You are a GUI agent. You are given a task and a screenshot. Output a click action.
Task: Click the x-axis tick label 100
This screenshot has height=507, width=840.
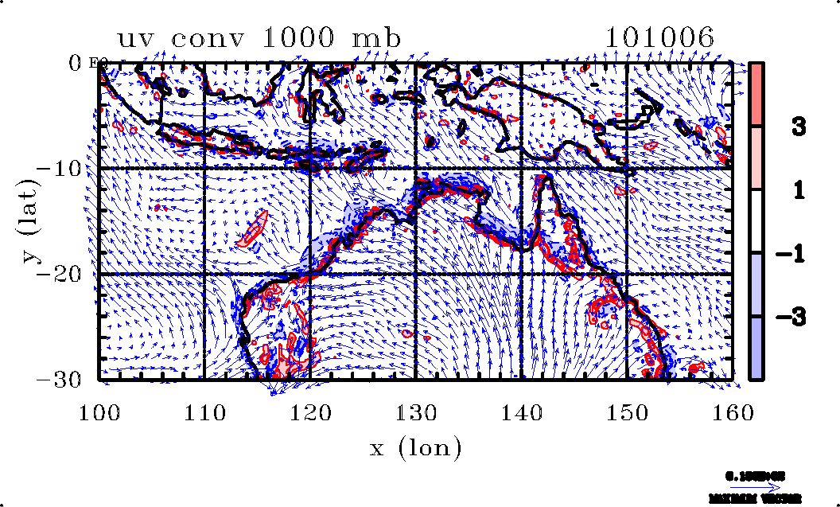pyautogui.click(x=99, y=412)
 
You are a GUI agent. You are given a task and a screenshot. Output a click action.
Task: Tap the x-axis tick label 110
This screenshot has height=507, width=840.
pyautogui.click(x=204, y=412)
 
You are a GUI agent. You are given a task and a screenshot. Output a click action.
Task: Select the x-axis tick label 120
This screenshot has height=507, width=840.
pyautogui.click(x=310, y=412)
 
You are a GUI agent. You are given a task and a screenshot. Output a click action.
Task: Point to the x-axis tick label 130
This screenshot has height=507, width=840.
pyautogui.click(x=415, y=412)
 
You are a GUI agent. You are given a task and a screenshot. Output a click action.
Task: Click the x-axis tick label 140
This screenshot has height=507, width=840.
pyautogui.click(x=521, y=412)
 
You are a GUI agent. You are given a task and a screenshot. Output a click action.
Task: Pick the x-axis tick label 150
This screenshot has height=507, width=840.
pyautogui.click(x=626, y=412)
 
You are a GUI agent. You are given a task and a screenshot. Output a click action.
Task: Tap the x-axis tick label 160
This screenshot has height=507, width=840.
pyautogui.click(x=732, y=412)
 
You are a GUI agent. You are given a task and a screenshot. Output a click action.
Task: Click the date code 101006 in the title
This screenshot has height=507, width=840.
pyautogui.click(x=659, y=38)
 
